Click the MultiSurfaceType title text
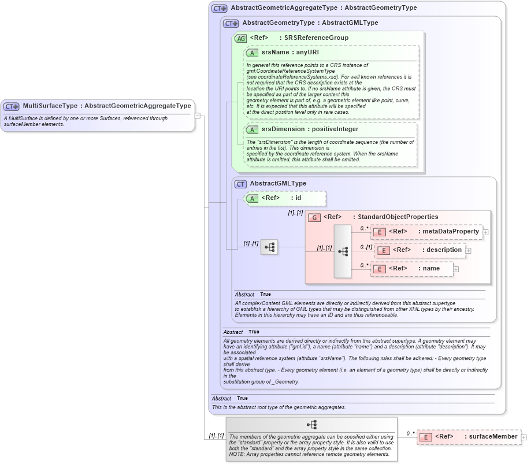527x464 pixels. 107,106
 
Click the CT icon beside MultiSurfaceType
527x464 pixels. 12,106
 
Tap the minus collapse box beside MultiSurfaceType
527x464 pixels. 198,115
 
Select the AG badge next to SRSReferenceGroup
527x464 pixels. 240,38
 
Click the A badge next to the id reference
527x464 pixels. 251,198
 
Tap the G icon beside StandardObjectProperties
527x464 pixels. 314,217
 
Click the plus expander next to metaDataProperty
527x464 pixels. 485,232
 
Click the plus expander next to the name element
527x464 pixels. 456,269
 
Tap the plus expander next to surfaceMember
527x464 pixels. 524,437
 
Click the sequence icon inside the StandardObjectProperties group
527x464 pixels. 343,251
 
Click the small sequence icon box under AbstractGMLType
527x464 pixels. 269,247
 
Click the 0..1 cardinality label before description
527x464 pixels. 366,247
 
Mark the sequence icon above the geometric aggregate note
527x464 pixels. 311,425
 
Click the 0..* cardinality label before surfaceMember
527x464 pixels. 410,433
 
